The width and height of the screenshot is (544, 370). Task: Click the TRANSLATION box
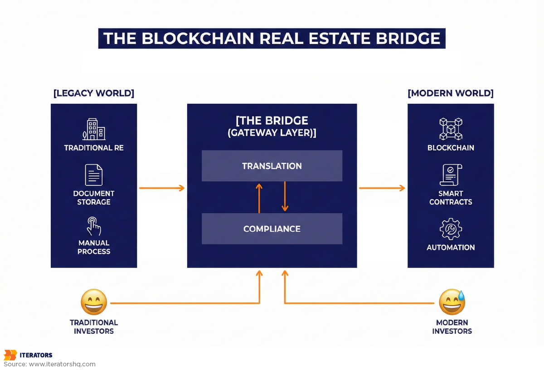click(272, 166)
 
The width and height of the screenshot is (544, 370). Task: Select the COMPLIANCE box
click(272, 229)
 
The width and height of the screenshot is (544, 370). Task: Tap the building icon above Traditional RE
click(94, 129)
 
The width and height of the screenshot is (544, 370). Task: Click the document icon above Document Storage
click(94, 175)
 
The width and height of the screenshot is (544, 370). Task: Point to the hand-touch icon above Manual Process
click(94, 226)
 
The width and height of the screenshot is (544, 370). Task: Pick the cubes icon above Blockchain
click(451, 129)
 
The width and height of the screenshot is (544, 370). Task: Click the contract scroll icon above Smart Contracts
click(451, 175)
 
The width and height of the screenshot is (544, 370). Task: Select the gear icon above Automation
click(451, 229)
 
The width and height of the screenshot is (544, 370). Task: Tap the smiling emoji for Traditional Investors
click(94, 302)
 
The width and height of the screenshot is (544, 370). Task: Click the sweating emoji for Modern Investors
click(452, 302)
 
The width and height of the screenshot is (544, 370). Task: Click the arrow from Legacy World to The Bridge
click(162, 188)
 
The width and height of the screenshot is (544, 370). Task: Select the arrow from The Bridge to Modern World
click(382, 188)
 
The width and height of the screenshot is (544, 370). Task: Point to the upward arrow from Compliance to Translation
click(259, 198)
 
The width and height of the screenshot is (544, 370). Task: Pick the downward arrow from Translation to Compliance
click(285, 196)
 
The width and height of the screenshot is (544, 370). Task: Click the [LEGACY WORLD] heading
click(94, 93)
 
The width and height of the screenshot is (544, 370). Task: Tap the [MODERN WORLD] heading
click(451, 93)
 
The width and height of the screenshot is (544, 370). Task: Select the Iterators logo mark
click(10, 355)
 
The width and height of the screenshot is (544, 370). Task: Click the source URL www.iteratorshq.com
click(62, 364)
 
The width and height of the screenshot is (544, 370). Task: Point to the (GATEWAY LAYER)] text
click(272, 133)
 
